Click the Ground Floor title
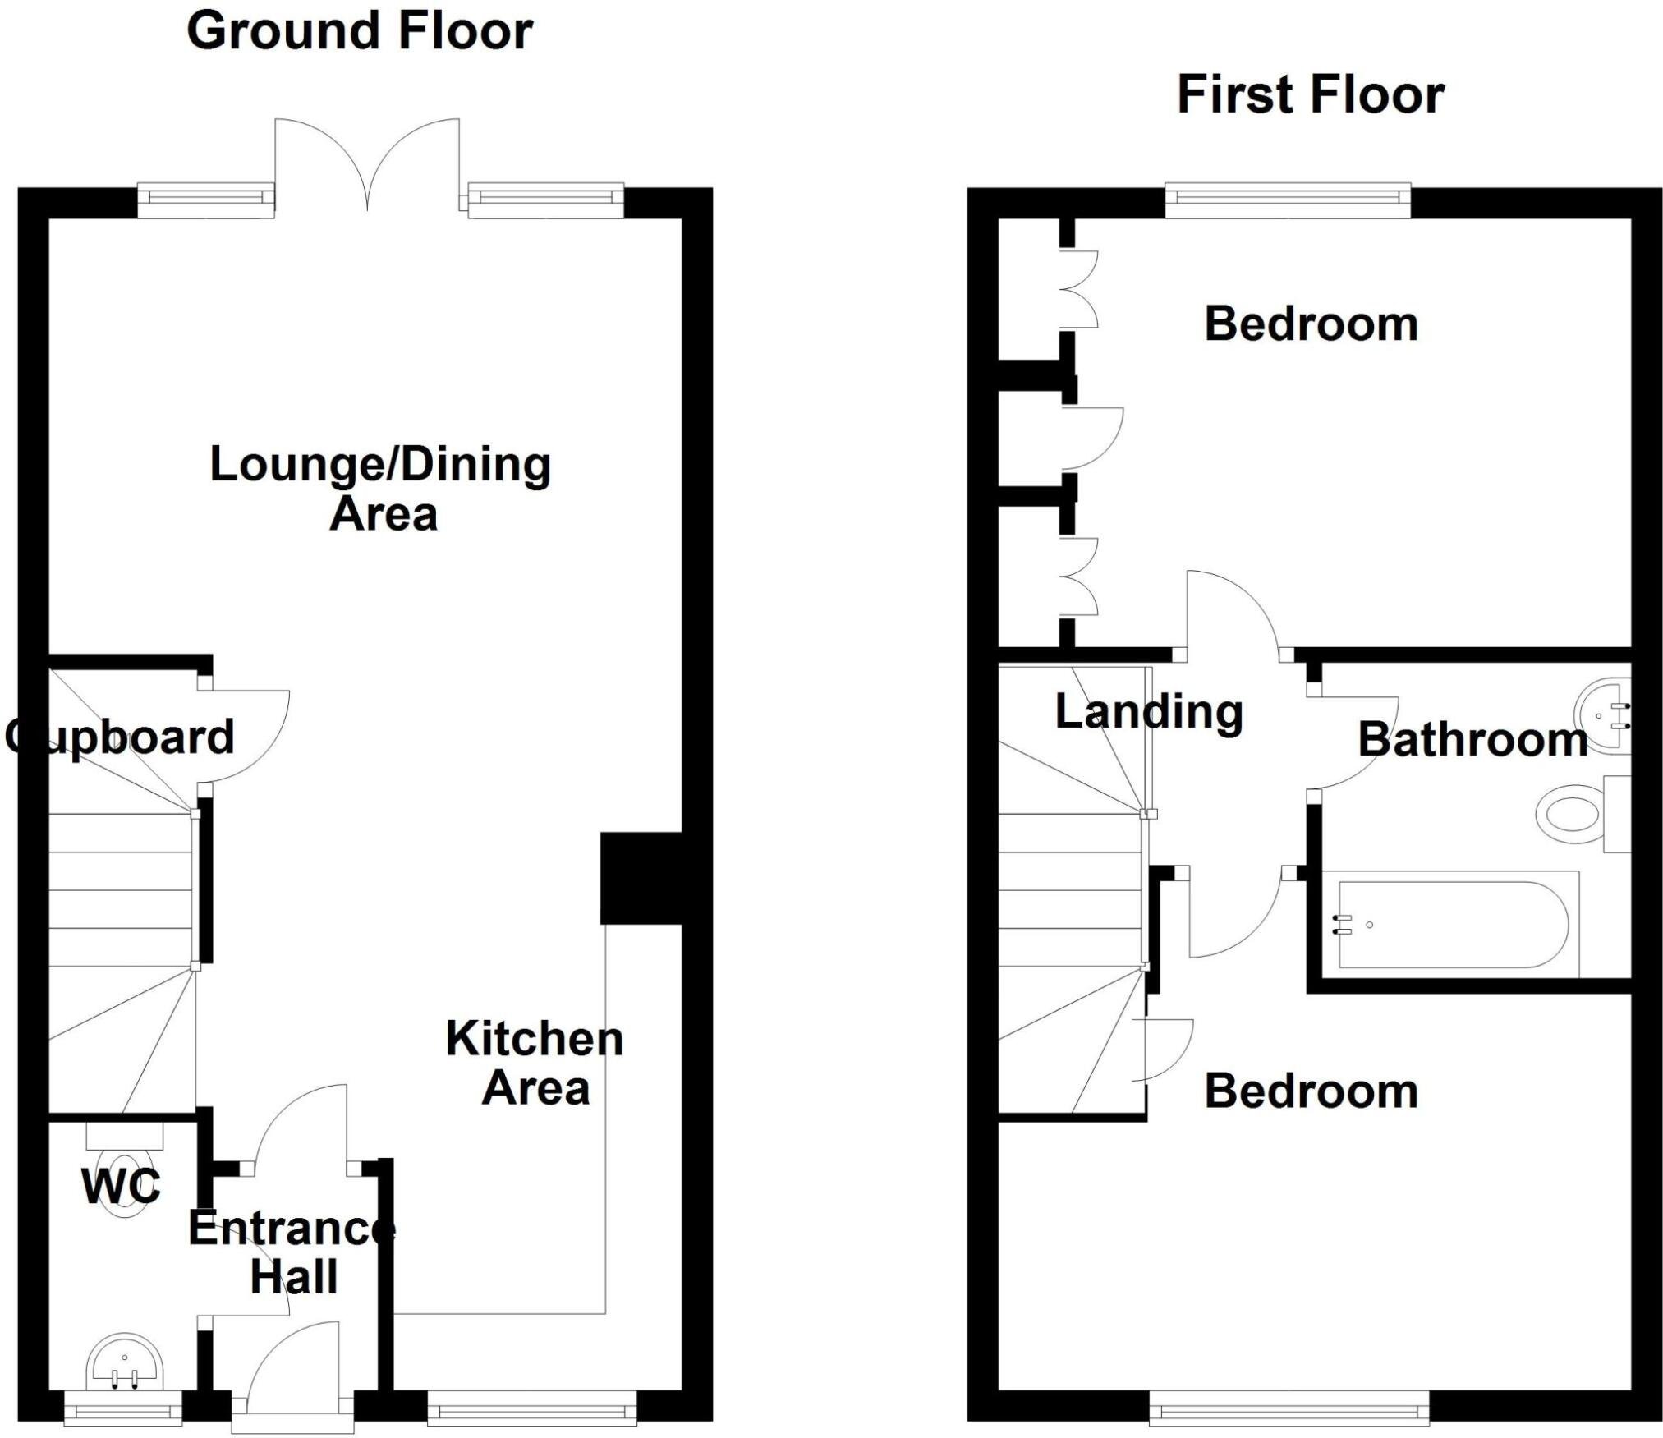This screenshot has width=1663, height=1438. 360,32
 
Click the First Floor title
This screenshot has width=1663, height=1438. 1310,96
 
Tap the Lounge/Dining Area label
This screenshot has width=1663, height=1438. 381,489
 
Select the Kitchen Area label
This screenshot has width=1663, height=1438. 535,1064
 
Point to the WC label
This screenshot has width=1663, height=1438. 121,1186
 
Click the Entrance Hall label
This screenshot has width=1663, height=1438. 292,1253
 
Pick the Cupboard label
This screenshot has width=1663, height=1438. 120,737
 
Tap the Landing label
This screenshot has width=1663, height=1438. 1148,712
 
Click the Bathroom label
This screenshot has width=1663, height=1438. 1472,740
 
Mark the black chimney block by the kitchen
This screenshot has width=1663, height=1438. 641,878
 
